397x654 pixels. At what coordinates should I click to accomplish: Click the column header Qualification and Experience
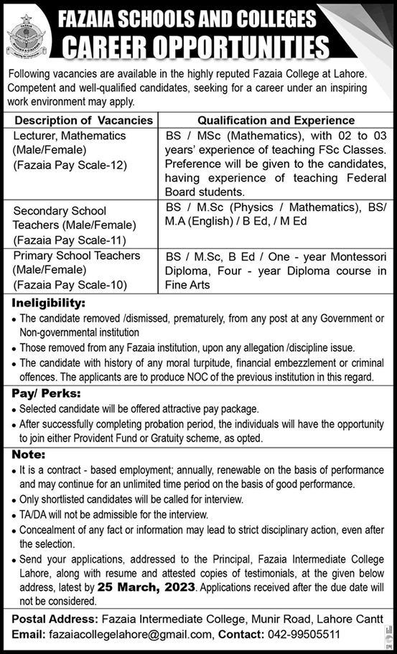coord(276,121)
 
